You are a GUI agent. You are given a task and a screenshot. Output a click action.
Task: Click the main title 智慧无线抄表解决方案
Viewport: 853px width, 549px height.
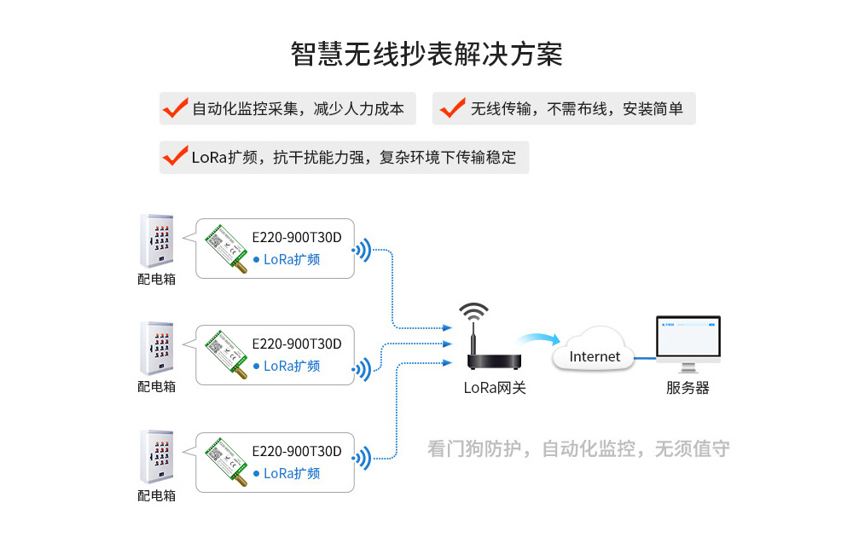point(426,54)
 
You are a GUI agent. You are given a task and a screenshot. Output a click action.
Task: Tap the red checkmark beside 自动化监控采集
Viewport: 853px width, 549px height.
point(175,108)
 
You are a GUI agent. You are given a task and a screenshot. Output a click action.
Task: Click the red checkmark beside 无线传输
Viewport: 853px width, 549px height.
point(452,108)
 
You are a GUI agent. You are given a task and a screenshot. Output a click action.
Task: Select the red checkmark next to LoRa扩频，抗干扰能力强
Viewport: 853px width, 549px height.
point(175,157)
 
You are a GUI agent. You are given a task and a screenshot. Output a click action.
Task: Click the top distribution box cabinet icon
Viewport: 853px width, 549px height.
point(156,241)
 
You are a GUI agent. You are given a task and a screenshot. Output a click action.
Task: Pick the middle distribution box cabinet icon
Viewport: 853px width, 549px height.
point(156,349)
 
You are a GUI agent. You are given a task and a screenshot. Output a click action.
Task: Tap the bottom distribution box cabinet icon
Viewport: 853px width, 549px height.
point(156,457)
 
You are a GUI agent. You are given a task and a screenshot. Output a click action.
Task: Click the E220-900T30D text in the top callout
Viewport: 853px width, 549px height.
point(297,238)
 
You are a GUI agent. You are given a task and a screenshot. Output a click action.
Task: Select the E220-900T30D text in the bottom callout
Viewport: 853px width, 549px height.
point(297,452)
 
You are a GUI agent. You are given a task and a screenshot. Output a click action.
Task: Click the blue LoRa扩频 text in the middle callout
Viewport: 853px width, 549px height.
point(292,367)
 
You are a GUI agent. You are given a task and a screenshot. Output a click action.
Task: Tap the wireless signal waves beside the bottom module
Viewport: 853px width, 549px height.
point(363,458)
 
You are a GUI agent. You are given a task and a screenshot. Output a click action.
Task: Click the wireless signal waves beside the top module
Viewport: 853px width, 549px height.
point(363,251)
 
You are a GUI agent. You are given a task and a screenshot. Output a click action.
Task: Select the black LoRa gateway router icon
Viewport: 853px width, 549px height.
point(483,341)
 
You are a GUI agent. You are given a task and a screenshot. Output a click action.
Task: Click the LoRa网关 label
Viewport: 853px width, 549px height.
point(495,388)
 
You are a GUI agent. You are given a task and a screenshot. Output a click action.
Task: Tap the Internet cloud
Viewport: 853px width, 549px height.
point(595,353)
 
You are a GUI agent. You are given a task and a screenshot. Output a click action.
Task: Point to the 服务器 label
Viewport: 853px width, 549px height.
point(688,388)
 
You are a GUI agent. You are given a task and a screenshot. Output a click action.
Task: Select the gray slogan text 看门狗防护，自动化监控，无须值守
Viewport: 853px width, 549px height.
point(578,449)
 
